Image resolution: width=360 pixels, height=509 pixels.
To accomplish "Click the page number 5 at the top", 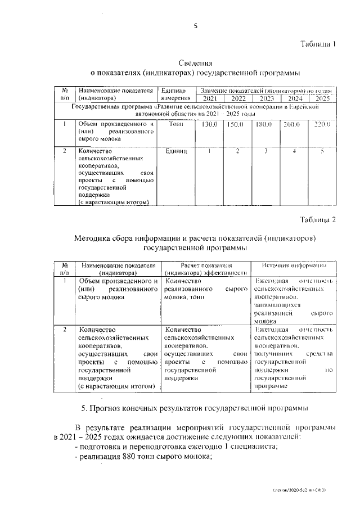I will tap(195, 25).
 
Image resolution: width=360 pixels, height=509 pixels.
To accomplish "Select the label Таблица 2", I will tap(317, 220).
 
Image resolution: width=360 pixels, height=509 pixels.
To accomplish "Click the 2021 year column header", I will tap(206, 98).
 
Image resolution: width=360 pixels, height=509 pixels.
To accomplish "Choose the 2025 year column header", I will tap(322, 98).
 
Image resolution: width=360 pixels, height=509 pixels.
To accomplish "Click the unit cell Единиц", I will tap(177, 151).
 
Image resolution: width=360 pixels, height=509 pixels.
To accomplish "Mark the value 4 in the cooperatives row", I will tap(294, 151).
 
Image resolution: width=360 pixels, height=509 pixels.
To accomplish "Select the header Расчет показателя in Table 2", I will tap(206, 265).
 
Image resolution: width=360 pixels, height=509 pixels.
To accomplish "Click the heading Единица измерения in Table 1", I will tap(173, 94).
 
